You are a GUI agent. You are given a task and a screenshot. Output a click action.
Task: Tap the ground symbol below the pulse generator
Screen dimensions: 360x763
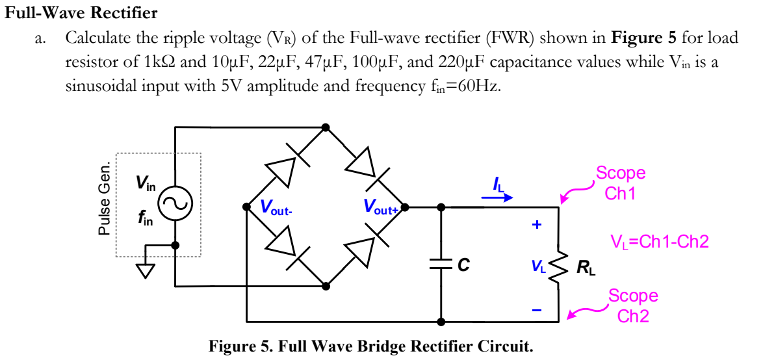click(145, 269)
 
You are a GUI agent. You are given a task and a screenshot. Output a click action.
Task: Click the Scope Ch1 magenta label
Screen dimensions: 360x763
click(620, 183)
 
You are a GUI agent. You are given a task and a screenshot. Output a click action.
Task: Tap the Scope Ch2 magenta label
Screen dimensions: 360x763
click(632, 305)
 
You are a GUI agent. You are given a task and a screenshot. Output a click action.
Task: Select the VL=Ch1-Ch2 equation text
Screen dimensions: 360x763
click(659, 242)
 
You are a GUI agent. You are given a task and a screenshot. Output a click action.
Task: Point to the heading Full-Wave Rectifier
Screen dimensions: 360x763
click(81, 12)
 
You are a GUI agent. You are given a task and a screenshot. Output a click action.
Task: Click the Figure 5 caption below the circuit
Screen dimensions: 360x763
click(370, 346)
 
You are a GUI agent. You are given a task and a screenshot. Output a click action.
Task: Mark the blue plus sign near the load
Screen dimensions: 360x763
click(536, 225)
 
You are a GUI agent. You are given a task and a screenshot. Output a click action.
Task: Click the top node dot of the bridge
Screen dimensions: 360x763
click(326, 127)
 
